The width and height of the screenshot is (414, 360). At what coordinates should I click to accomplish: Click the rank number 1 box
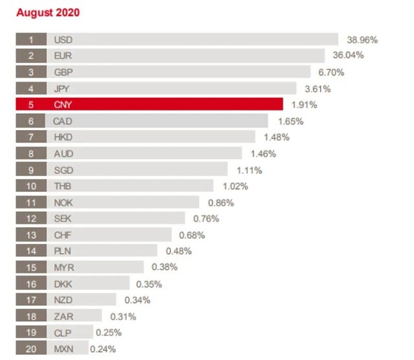[31, 39]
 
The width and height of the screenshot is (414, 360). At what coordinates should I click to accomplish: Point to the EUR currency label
[63, 56]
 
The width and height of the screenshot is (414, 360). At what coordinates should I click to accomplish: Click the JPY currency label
[63, 88]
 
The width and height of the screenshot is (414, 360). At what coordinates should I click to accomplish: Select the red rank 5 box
[31, 104]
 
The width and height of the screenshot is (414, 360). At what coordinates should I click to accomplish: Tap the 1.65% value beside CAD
[290, 121]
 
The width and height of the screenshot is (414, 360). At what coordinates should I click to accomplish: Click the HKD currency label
[64, 137]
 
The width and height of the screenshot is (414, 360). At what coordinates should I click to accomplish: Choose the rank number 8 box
[31, 153]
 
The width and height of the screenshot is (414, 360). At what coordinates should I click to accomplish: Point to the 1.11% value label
[248, 170]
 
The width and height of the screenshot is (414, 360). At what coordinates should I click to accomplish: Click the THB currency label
[63, 186]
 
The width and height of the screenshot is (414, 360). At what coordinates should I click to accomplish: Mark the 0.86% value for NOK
[220, 203]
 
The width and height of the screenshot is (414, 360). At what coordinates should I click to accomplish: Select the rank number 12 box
[31, 219]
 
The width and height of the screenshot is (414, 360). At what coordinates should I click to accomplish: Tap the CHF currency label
[63, 235]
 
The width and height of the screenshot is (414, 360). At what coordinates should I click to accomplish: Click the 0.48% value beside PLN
[178, 251]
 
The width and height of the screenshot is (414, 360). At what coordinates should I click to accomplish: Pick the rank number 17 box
[31, 300]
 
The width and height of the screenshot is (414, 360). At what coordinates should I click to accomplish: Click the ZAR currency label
[63, 316]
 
